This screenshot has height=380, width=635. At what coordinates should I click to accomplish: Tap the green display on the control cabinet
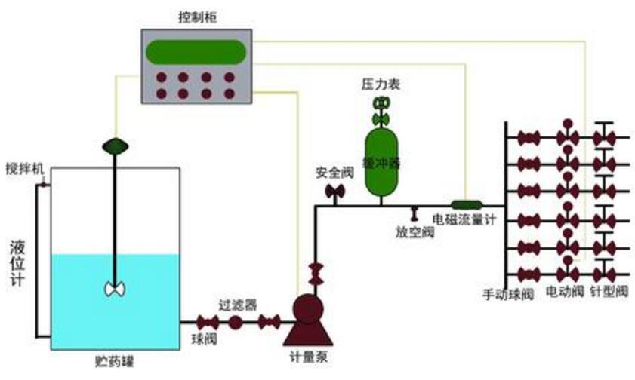pyautogui.click(x=196, y=51)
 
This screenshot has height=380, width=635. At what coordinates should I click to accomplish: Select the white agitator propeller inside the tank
pyautogui.click(x=115, y=289)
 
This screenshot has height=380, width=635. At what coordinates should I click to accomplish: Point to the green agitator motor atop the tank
pyautogui.click(x=115, y=144)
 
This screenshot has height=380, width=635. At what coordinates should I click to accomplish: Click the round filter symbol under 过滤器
pyautogui.click(x=236, y=323)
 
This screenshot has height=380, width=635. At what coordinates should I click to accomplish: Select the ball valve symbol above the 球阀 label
pyautogui.click(x=203, y=323)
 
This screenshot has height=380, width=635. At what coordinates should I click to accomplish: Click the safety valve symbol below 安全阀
pyautogui.click(x=333, y=193)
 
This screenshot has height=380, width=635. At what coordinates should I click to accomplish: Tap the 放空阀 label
pyautogui.click(x=415, y=233)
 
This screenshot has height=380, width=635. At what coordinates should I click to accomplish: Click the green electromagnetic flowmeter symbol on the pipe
pyautogui.click(x=467, y=204)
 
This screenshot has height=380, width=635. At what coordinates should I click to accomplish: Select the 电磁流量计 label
pyautogui.click(x=462, y=220)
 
